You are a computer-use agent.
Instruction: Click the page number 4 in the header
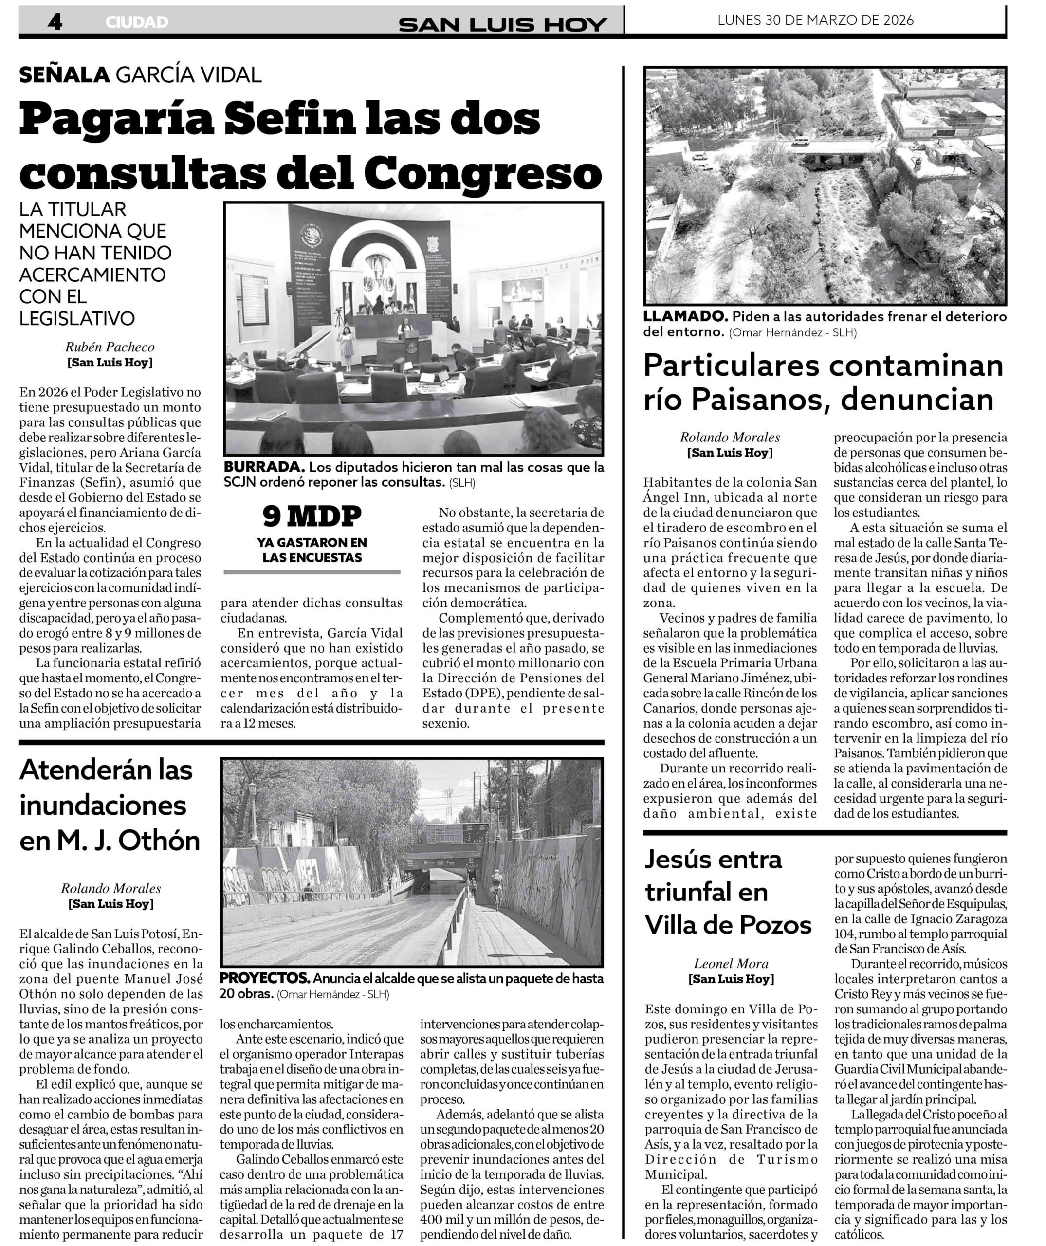(55, 22)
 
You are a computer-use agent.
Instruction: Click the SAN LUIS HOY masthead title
(502, 24)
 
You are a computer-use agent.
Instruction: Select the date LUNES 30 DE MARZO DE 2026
(815, 20)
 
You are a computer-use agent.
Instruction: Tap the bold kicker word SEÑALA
(64, 75)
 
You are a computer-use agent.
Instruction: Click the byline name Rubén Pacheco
(110, 347)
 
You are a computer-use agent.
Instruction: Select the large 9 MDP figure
(312, 516)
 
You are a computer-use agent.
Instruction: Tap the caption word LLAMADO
(685, 316)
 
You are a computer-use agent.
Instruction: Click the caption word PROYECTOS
(265, 978)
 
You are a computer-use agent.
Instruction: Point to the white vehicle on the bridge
(801, 141)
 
